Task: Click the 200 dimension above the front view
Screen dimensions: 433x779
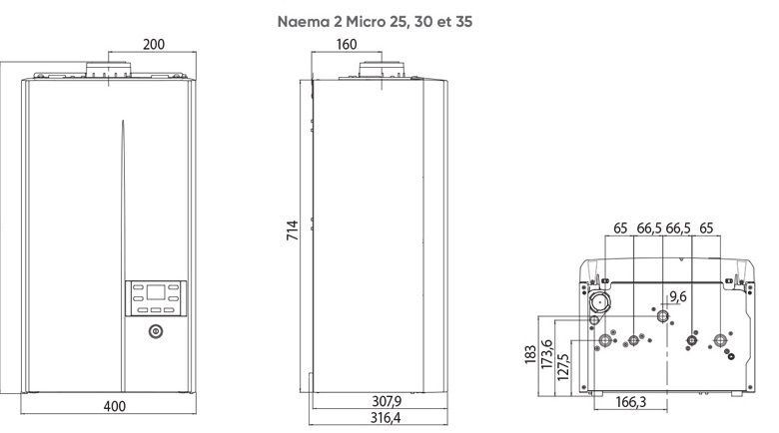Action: [154, 45]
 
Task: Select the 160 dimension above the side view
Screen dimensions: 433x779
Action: [347, 45]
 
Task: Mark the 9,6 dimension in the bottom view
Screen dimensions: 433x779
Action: [678, 296]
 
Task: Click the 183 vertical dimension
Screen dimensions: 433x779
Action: [529, 356]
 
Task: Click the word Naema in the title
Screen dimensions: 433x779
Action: [303, 19]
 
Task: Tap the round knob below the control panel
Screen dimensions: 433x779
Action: [155, 332]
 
